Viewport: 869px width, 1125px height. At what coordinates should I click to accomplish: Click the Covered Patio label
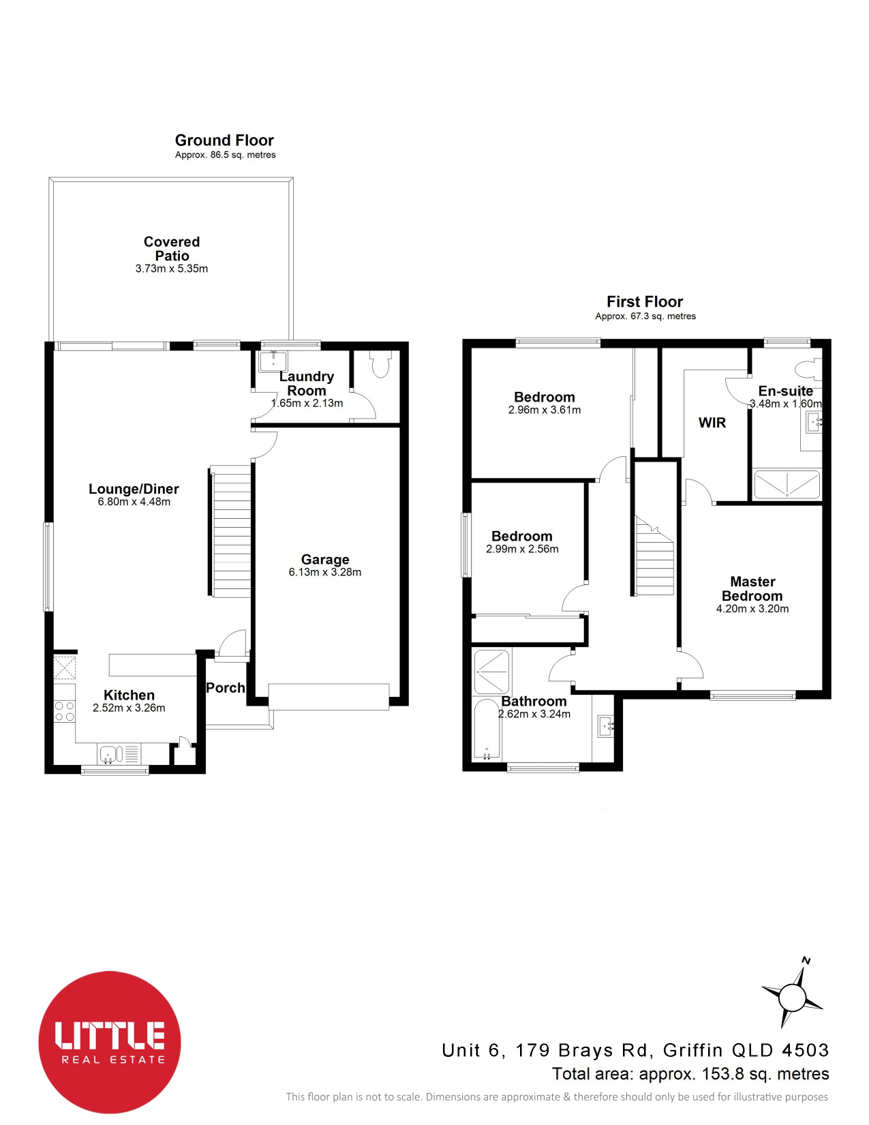[x=171, y=248]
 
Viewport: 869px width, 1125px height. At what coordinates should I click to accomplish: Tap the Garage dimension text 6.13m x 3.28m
[x=325, y=572]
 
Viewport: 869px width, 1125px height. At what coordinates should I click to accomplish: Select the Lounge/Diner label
[x=134, y=489]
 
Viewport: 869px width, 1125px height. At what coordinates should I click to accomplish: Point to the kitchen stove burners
[x=65, y=711]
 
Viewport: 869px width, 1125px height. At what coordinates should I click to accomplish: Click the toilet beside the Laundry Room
[x=380, y=364]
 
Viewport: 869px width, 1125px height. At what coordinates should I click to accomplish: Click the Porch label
[x=226, y=688]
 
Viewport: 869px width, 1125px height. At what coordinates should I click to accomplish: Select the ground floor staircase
[x=231, y=530]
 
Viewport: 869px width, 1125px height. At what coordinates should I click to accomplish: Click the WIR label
[x=712, y=423]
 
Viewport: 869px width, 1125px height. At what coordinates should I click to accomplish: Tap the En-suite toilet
[x=808, y=369]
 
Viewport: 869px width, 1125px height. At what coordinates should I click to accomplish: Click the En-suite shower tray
[x=787, y=485]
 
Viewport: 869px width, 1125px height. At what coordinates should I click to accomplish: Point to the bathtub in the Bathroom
[x=487, y=730]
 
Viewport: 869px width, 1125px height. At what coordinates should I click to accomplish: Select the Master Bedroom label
[x=752, y=588]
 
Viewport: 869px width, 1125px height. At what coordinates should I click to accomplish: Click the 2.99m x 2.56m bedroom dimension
[x=522, y=549]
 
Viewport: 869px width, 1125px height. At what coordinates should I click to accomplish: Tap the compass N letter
[x=806, y=961]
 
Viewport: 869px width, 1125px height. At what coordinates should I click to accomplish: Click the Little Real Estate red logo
[x=110, y=1042]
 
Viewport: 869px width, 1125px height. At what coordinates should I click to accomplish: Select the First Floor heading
[x=645, y=301]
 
